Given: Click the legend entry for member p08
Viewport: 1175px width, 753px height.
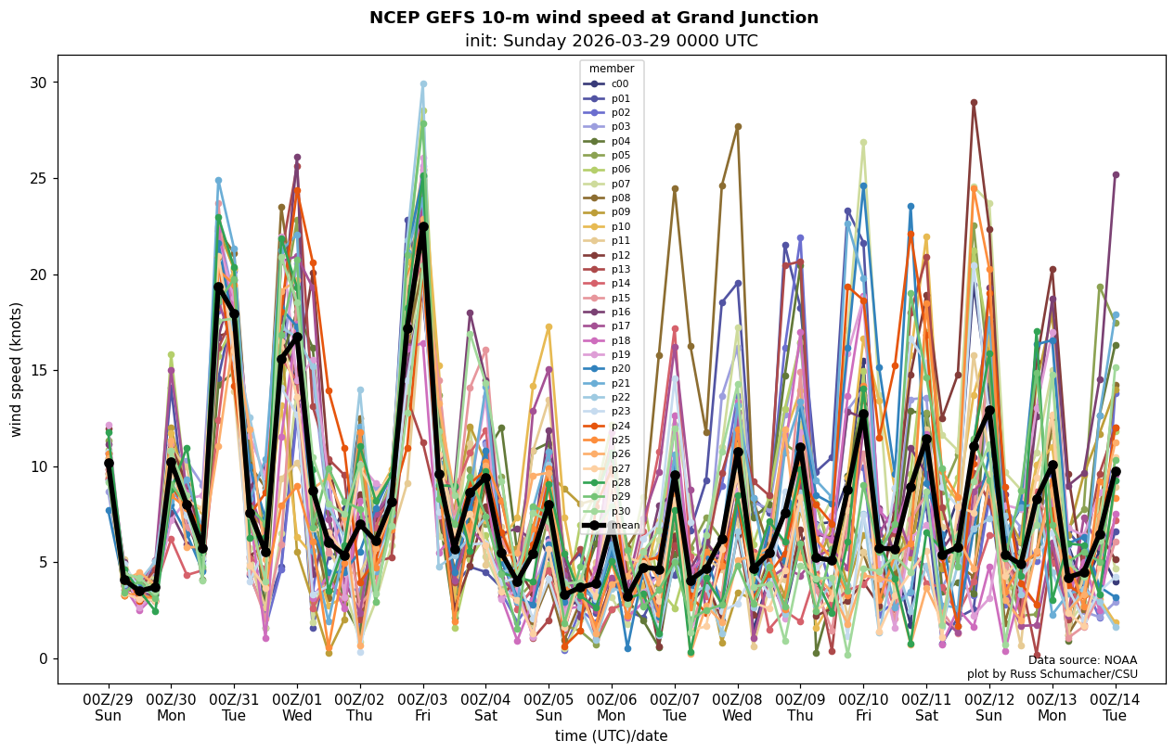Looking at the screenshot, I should (619, 198).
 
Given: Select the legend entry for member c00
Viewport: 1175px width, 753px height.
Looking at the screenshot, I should (619, 83).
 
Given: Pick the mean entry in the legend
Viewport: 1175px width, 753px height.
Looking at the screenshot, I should (625, 526).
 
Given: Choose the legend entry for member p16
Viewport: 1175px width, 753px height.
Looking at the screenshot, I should (619, 312).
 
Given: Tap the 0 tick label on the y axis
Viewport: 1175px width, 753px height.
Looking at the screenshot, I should (41, 658).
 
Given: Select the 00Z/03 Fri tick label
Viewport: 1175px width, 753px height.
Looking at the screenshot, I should (423, 707).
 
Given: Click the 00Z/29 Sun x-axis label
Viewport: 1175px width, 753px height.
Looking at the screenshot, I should (108, 707).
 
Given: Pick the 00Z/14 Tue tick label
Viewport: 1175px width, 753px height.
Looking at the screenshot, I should (1115, 707).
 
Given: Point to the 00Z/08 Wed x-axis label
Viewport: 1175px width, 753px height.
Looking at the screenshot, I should (737, 707).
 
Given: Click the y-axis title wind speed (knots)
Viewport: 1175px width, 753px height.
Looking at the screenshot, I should (17, 369).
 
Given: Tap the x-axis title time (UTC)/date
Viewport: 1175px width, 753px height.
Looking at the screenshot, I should (611, 736).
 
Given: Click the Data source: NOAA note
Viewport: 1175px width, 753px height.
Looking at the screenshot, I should (1082, 660).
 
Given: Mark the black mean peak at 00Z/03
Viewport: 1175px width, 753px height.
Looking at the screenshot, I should (423, 226).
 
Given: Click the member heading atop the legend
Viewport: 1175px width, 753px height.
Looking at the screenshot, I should (612, 69).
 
